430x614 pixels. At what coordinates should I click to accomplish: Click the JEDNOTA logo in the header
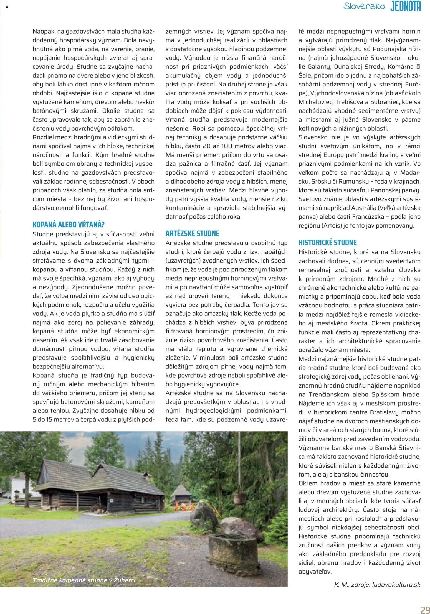pyautogui.click(x=405, y=6)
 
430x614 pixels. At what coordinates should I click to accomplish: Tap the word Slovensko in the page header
pyautogui.click(x=364, y=6)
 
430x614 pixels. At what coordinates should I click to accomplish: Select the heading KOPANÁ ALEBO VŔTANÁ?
pyautogui.click(x=69, y=225)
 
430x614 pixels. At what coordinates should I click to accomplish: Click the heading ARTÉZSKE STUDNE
pyautogui.click(x=192, y=233)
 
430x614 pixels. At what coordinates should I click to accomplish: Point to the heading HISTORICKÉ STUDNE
pyautogui.click(x=327, y=243)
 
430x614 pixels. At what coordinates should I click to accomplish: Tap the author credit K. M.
pyautogui.click(x=340, y=585)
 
